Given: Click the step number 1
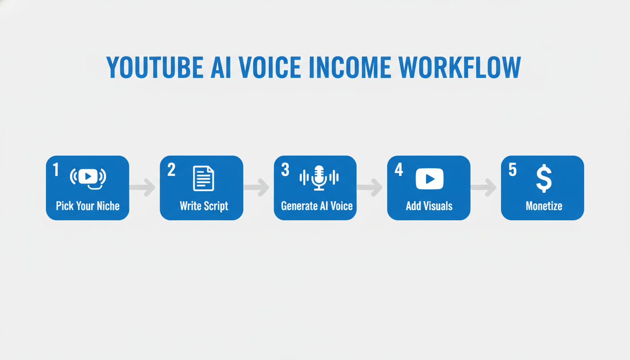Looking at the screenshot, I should point(56,170).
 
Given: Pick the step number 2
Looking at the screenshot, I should point(171,170).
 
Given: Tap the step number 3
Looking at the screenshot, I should point(285,170).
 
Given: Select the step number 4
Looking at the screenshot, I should point(398,170).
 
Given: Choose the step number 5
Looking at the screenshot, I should point(512,170).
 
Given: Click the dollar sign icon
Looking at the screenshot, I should point(544,179).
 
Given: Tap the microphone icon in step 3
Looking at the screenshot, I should point(319,178).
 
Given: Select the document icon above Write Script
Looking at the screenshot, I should point(203,179).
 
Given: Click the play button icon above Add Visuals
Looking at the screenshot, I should point(429,179).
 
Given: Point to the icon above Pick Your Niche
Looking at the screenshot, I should point(88,178).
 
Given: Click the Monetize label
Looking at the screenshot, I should point(544,206).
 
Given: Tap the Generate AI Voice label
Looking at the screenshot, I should point(316,206).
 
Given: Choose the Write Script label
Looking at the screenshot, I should point(203,206).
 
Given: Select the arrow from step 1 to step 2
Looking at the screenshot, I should point(143,187).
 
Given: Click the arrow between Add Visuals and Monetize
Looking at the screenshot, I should point(484,187).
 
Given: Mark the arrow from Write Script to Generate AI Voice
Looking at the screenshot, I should point(257,187).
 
